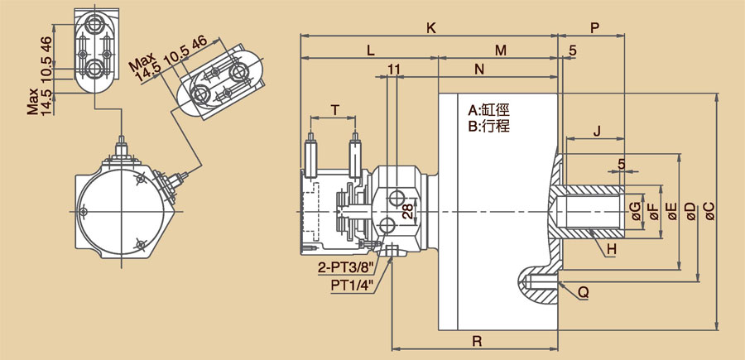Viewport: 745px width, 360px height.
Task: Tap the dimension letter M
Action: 500,50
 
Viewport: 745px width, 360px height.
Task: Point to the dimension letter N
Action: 479,70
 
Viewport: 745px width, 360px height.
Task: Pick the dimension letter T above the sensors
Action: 334,109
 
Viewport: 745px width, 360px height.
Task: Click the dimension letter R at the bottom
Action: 478,339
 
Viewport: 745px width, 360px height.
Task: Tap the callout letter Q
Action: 584,292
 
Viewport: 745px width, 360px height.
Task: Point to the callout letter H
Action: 612,248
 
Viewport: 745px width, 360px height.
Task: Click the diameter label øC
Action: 709,211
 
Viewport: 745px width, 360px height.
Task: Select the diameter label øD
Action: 691,211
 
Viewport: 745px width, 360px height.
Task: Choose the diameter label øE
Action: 672,211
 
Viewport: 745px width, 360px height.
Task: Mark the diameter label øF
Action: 653,211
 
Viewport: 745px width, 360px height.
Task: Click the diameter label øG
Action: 635,211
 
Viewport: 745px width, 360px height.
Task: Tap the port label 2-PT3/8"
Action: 347,267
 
